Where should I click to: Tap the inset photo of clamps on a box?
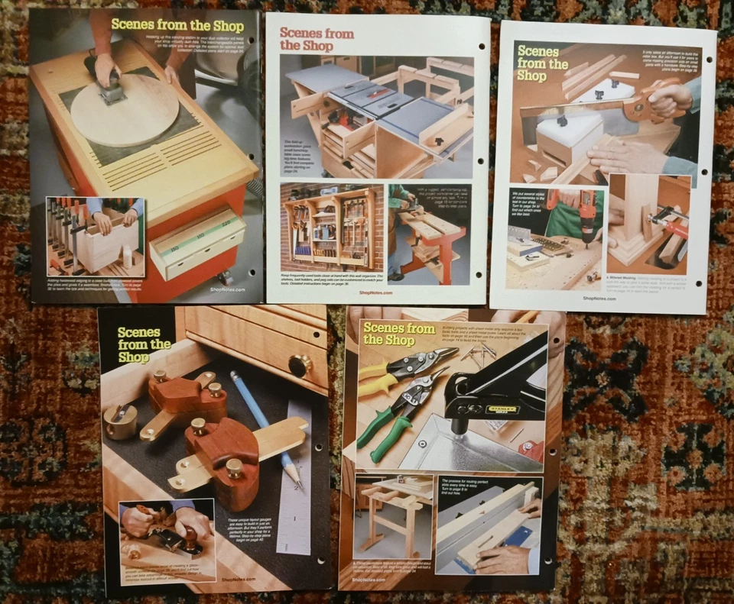click(x=95, y=237)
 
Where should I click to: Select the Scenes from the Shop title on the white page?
click(x=316, y=38)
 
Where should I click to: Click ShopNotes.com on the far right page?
click(x=601, y=299)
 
